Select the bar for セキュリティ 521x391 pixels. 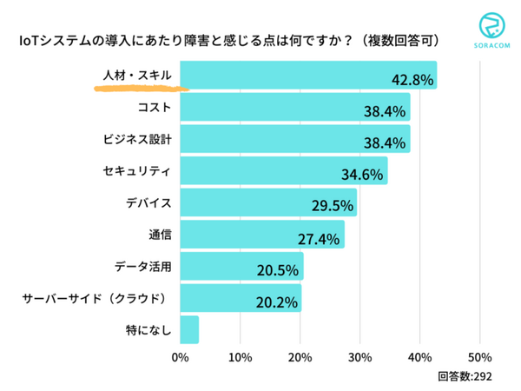[283, 170]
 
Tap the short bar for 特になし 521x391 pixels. [189, 330]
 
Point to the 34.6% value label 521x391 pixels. [361, 176]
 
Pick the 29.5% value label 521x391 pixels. [332, 207]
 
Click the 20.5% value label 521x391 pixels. [278, 271]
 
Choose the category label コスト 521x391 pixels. [155, 107]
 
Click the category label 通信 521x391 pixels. [159, 235]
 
